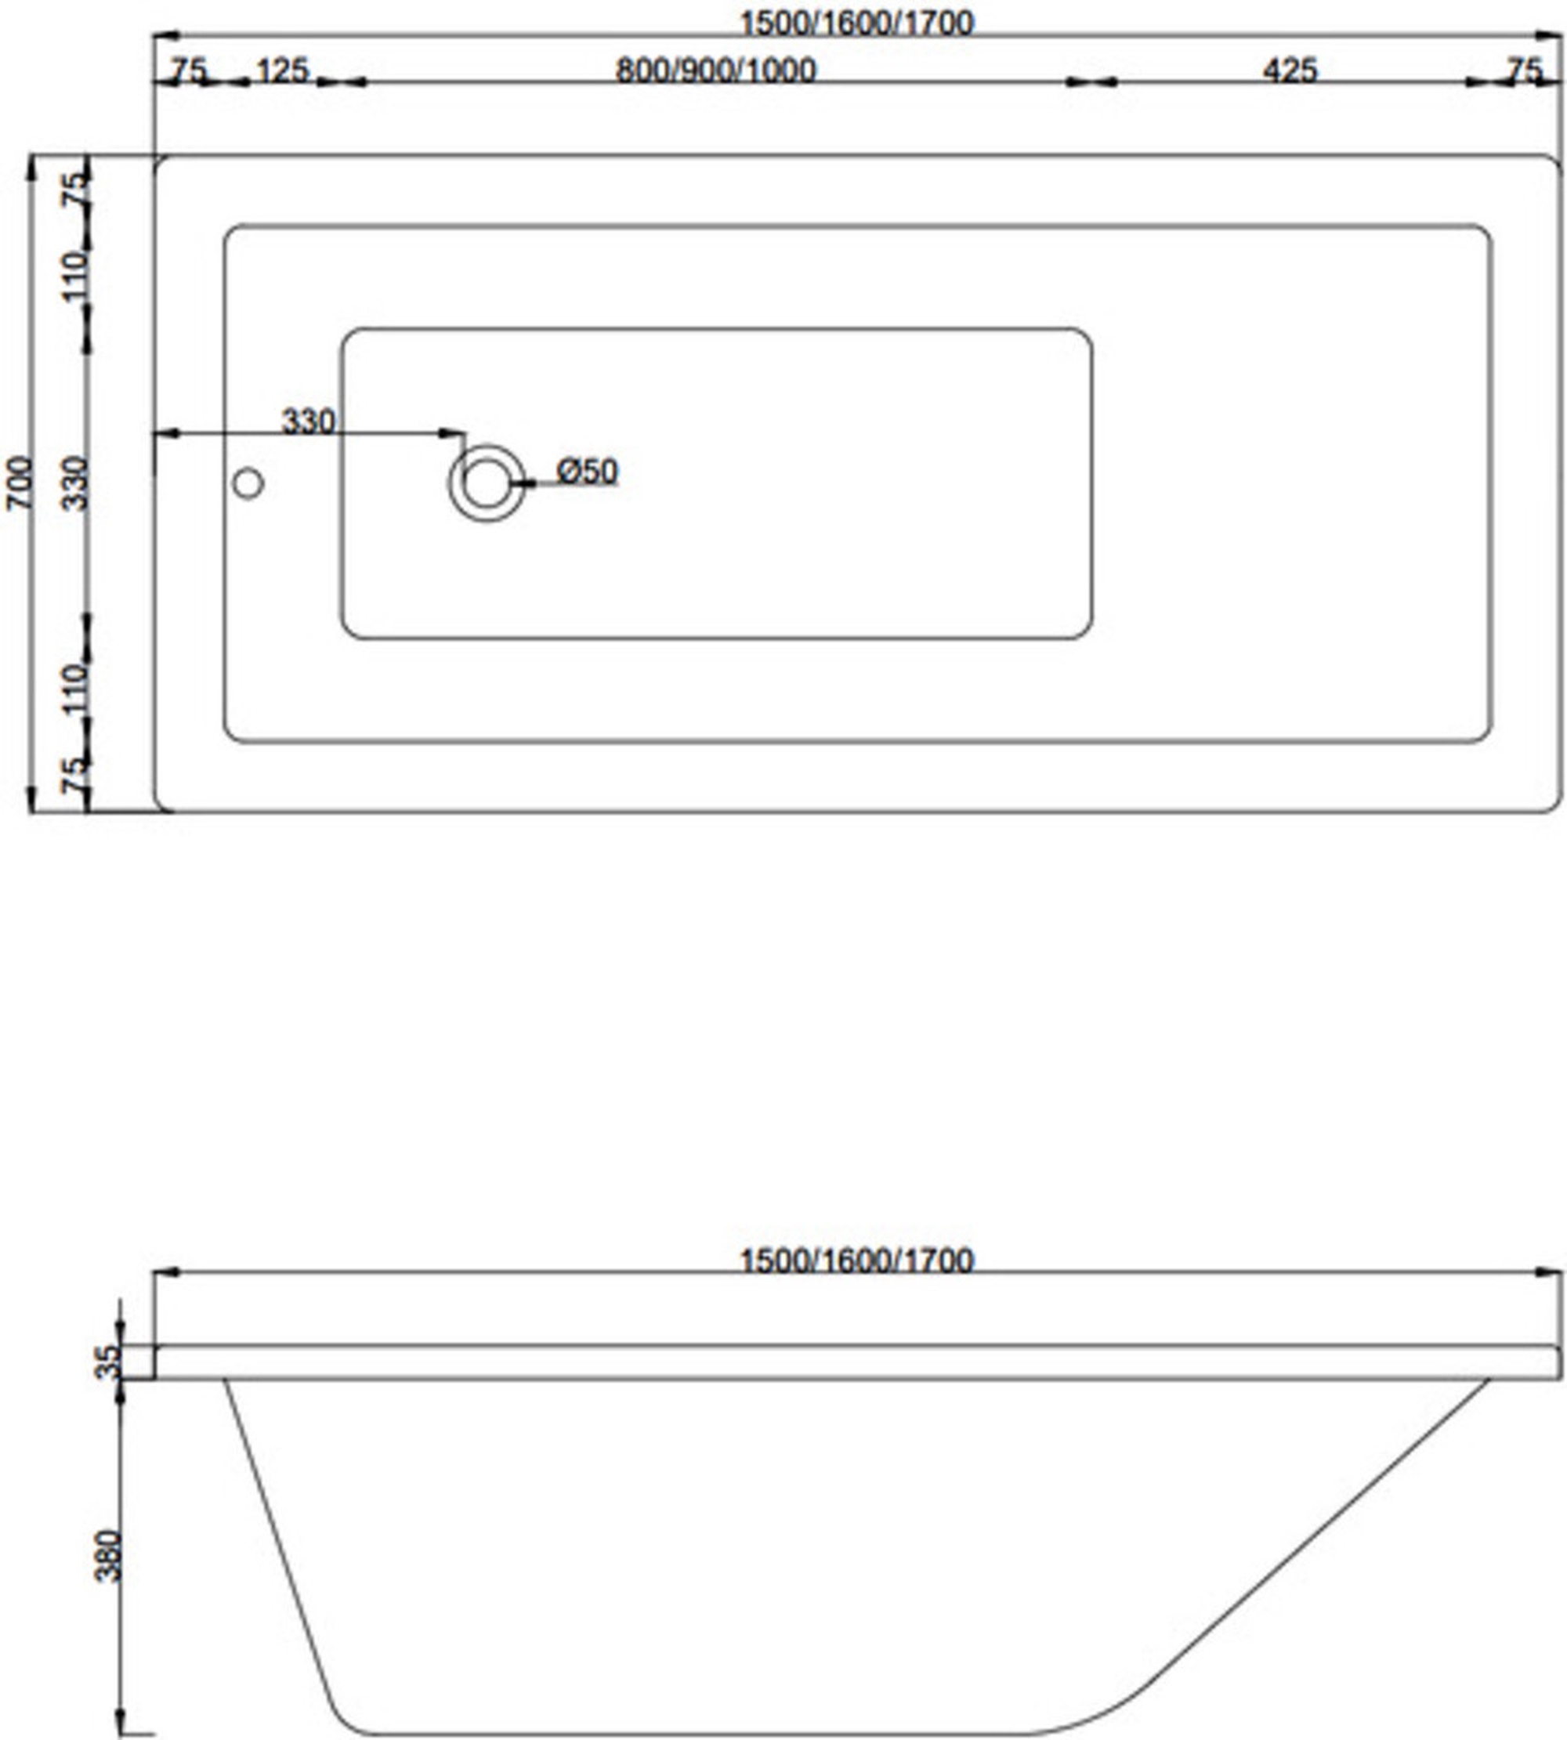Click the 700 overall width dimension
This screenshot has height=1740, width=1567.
click(x=21, y=483)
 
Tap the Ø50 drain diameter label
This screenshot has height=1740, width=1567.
click(x=587, y=471)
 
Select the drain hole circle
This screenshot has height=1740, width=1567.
click(x=487, y=483)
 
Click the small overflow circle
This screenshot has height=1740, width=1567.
click(x=248, y=484)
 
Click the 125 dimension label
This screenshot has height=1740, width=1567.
click(x=281, y=70)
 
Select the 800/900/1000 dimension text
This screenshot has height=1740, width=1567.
click(x=715, y=70)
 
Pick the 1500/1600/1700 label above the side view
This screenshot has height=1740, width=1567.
click(x=856, y=1261)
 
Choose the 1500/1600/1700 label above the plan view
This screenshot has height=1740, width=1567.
click(x=856, y=23)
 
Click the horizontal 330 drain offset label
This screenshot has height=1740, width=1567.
click(x=308, y=421)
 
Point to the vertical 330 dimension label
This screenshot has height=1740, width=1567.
click(x=77, y=483)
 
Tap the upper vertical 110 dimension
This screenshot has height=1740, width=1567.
click(x=77, y=276)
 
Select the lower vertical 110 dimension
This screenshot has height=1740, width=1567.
click(x=77, y=687)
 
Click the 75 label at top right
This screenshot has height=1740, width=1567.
click(x=1525, y=70)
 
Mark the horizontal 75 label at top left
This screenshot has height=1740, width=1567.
click(x=189, y=70)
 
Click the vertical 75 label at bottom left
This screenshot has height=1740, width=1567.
click(x=77, y=775)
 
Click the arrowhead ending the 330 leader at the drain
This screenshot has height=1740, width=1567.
click(x=452, y=432)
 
